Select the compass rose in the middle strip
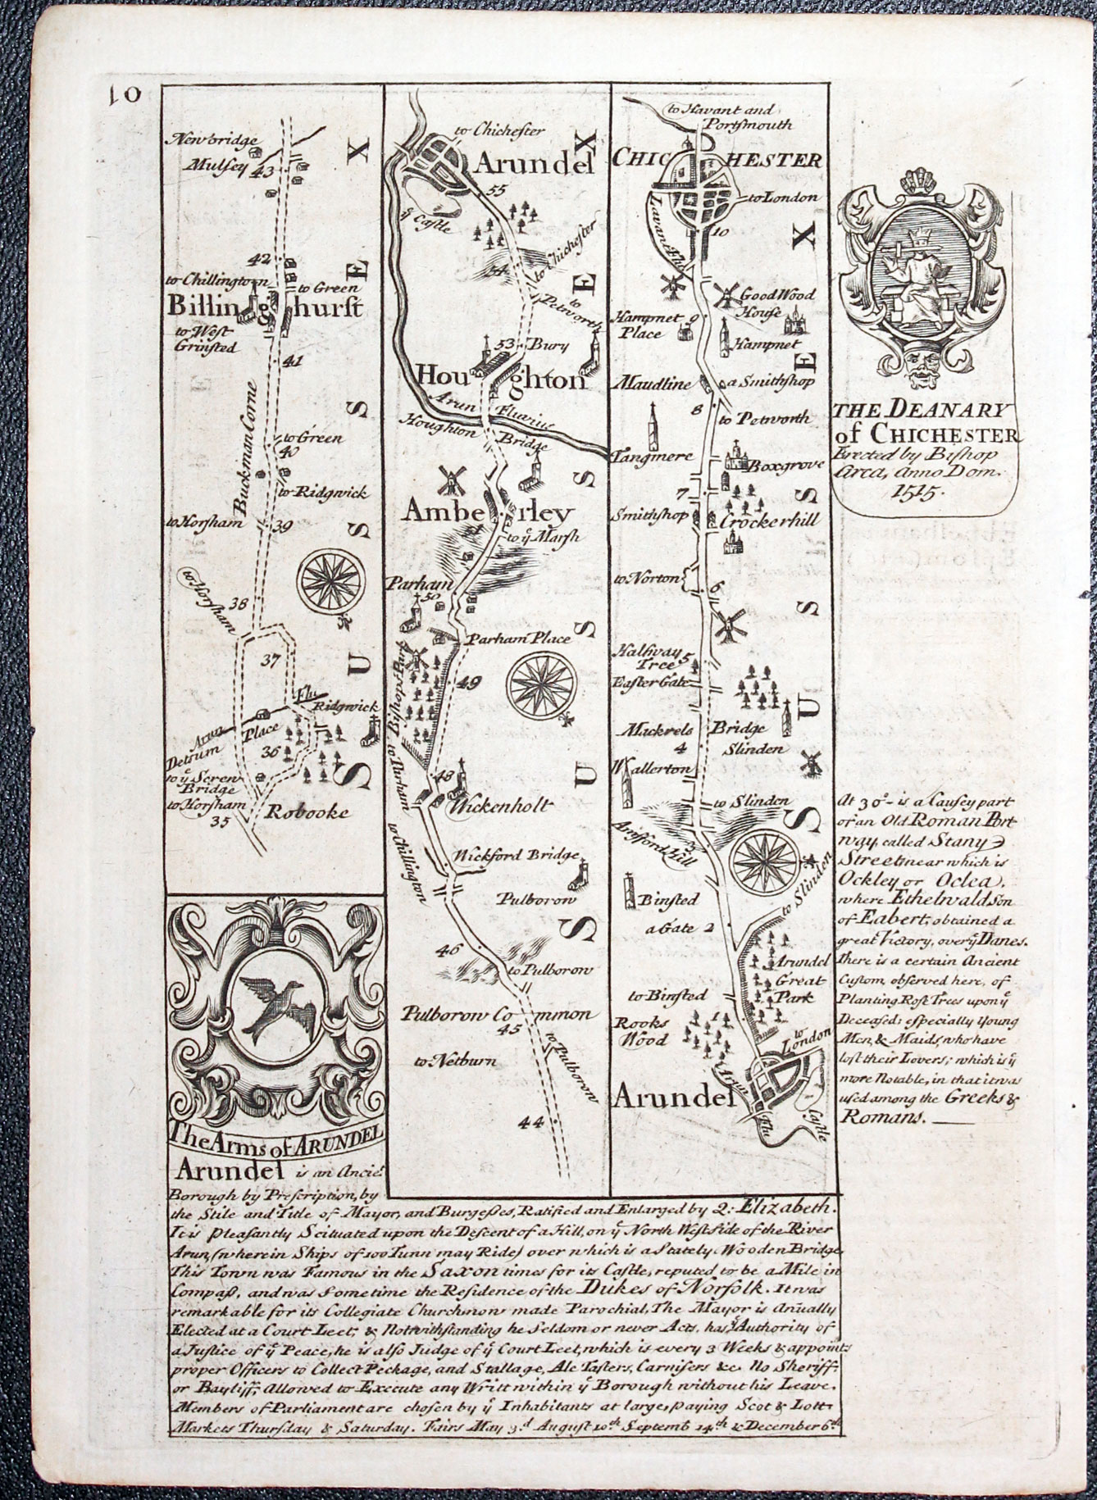pyautogui.click(x=538, y=685)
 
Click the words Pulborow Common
pyautogui.click(x=496, y=1015)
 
